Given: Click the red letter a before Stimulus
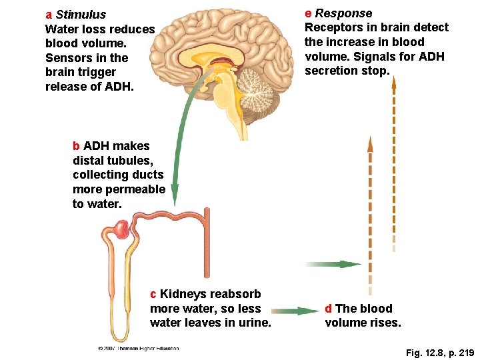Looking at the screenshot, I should pyautogui.click(x=49, y=15).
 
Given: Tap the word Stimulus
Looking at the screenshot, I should pyautogui.click(x=81, y=15).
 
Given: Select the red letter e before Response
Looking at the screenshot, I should pyautogui.click(x=308, y=13).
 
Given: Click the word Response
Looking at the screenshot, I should pyautogui.click(x=343, y=13).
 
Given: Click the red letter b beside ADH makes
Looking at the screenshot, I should pyautogui.click(x=76, y=146).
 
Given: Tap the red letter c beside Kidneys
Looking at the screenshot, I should pyautogui.click(x=153, y=294).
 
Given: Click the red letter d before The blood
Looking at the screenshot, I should pyautogui.click(x=329, y=309).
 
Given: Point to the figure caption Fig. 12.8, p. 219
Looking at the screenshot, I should pyautogui.click(x=439, y=351).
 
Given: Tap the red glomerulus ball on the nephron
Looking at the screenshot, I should pyautogui.click(x=121, y=231).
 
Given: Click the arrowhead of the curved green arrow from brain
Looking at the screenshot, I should pyautogui.click(x=174, y=197).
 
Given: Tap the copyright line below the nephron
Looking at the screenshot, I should pyautogui.click(x=138, y=348).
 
